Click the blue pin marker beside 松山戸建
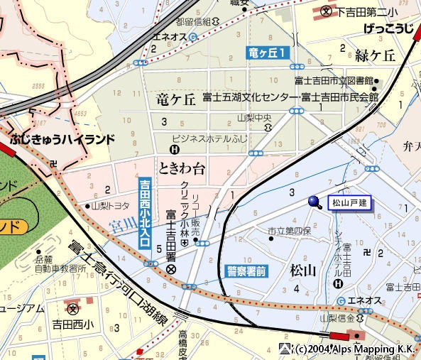pyautogui.click(x=315, y=202)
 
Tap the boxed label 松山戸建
pyautogui.click(x=349, y=203)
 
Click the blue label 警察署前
pyautogui.click(x=246, y=271)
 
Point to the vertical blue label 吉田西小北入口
pyautogui.click(x=145, y=213)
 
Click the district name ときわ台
pyautogui.click(x=182, y=168)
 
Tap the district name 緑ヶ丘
pyautogui.click(x=375, y=55)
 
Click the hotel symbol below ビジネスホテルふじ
pyautogui.click(x=175, y=149)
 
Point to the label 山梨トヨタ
pyautogui.click(x=110, y=206)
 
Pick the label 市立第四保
pyautogui.click(x=289, y=231)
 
